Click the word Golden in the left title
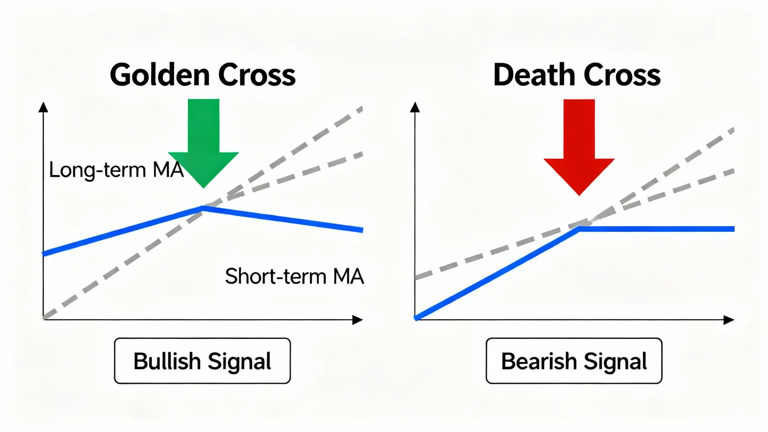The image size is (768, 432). click(160, 74)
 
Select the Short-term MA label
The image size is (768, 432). click(294, 276)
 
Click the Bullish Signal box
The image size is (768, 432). click(202, 361)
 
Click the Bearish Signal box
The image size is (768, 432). click(574, 361)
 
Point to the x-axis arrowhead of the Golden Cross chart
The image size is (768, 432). click(358, 320)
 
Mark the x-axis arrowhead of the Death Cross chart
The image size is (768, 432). click(729, 320)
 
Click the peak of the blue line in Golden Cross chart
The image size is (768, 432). click(204, 207)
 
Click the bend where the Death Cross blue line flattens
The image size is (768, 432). click(579, 229)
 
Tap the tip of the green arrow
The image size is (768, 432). click(204, 188)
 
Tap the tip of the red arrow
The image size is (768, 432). click(579, 195)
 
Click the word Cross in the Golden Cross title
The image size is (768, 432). click(257, 74)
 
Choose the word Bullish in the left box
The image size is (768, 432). click(167, 361)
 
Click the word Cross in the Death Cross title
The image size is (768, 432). click(622, 74)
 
